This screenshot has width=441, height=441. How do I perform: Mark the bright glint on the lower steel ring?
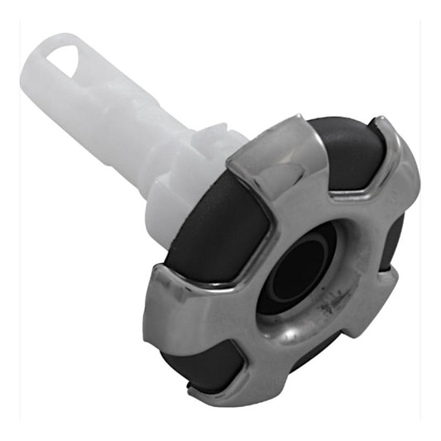point(285,335)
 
